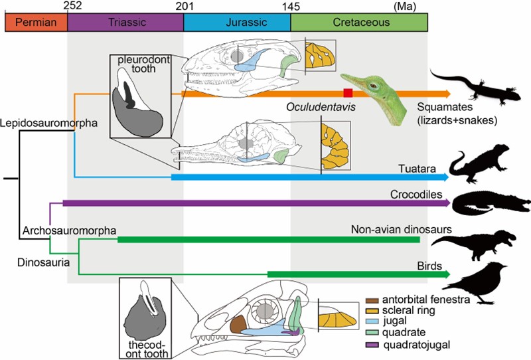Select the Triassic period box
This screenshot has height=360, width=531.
pyautogui.click(x=125, y=22)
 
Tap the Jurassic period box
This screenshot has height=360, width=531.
pyautogui.click(x=237, y=22)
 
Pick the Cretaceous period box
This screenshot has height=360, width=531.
pyautogui.click(x=359, y=22)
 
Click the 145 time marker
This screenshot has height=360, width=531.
pyautogui.click(x=290, y=6)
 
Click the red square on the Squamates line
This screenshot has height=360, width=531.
pyautogui.click(x=347, y=93)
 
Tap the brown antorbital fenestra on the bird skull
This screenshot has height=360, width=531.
pyautogui.click(x=238, y=325)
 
